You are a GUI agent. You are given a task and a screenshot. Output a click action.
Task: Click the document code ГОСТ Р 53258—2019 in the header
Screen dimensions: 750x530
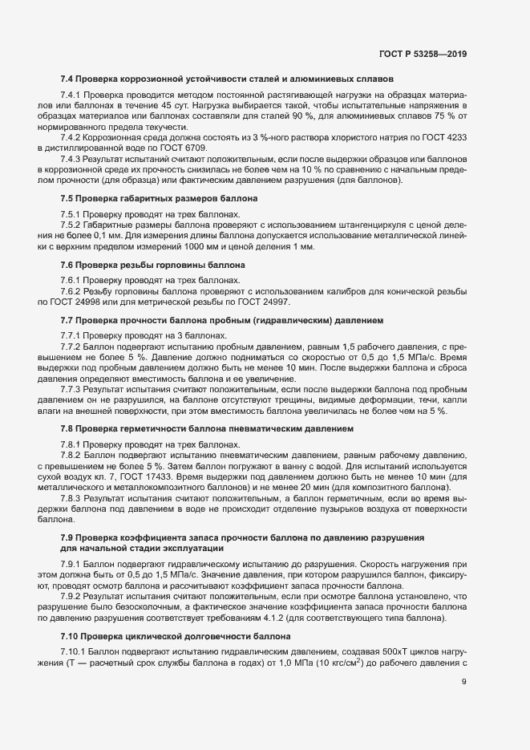coord(423,54)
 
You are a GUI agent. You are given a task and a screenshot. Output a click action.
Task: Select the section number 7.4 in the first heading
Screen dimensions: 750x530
coord(67,80)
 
